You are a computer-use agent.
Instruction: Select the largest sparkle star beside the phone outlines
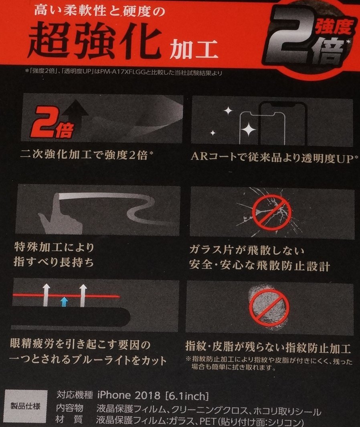[x=249, y=129]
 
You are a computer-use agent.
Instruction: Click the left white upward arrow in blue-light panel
[x=46, y=295]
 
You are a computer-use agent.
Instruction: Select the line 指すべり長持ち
[x=54, y=263]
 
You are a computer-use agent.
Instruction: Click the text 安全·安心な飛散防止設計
[x=259, y=266]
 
